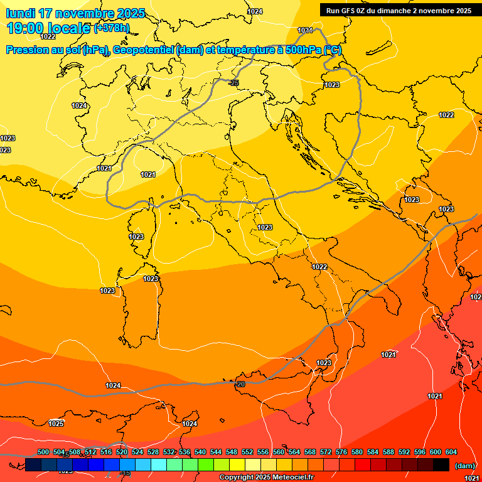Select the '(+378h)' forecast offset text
point(112,28)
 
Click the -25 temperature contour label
point(234,83)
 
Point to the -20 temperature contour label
point(240,383)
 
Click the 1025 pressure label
point(56,423)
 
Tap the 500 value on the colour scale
point(43,452)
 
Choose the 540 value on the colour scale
point(200,452)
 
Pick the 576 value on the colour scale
point(341,452)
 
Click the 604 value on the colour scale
point(451,452)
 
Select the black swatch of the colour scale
point(441,464)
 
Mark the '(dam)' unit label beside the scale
point(465,465)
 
